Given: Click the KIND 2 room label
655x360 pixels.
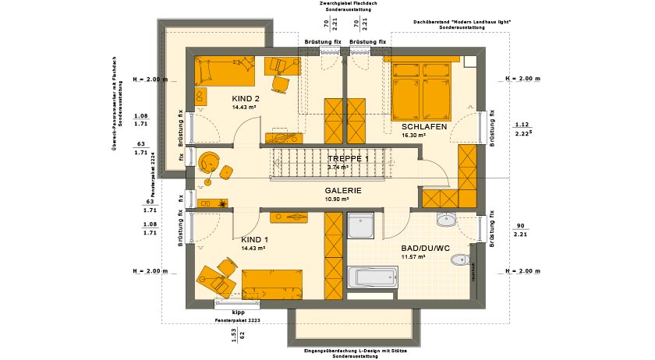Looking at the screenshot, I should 246,98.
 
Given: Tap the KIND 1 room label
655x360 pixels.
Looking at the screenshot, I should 254,239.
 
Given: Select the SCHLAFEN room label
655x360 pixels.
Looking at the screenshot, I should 423,126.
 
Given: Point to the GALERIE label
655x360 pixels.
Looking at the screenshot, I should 343,190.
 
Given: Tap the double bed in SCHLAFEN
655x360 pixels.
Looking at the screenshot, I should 421,90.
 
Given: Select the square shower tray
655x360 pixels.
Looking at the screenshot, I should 362,227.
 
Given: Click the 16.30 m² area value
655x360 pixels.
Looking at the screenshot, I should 413,135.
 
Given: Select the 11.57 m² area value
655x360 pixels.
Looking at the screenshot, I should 412,257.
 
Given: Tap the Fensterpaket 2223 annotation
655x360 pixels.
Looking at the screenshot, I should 237,320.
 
